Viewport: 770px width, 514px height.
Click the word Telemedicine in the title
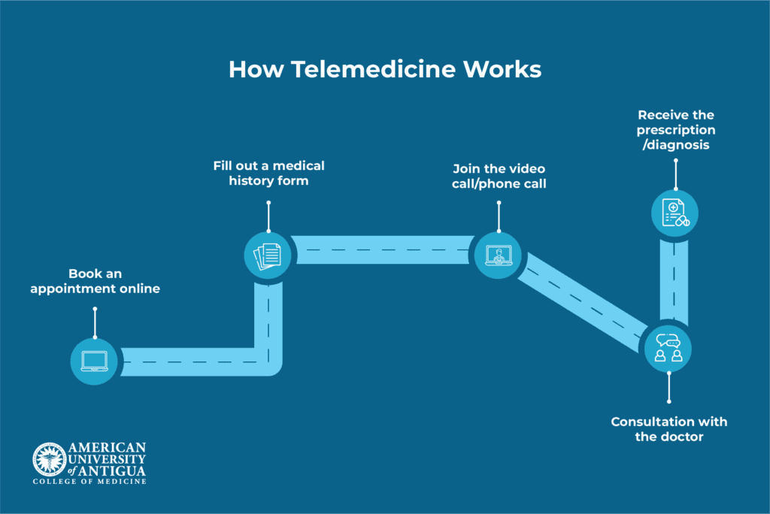[x=373, y=69]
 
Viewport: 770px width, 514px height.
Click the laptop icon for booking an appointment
[x=94, y=361]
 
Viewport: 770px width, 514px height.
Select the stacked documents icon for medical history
[x=268, y=255]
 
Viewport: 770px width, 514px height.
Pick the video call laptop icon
[x=499, y=255]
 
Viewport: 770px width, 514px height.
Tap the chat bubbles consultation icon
[x=668, y=349]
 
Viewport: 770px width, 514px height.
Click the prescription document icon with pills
[x=675, y=212]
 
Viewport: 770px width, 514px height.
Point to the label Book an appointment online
[x=95, y=281]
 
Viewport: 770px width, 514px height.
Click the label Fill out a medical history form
[x=269, y=173]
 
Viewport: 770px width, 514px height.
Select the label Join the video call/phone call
[x=499, y=175]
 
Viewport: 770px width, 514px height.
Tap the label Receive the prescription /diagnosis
[x=676, y=130]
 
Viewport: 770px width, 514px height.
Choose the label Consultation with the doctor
[x=668, y=429]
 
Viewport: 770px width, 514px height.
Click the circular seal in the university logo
[x=49, y=458]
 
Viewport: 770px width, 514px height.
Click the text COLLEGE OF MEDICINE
[x=89, y=481]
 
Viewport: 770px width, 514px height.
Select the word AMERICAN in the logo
[x=107, y=448]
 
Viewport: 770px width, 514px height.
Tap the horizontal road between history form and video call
[x=383, y=249]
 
